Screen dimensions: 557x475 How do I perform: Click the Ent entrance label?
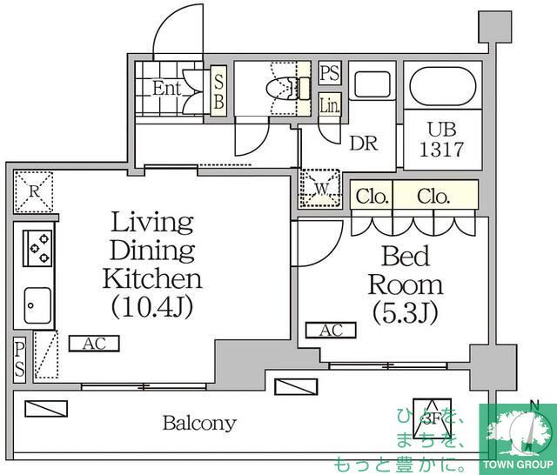click(x=166, y=89)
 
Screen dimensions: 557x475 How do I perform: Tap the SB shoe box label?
click(x=218, y=91)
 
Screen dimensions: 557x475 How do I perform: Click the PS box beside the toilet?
click(x=330, y=73)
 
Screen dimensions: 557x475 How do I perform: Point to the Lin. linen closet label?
click(x=330, y=106)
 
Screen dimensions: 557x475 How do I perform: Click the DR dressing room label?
click(x=364, y=144)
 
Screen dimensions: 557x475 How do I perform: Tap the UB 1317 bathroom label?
click(x=442, y=139)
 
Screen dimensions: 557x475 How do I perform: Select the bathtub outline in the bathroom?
click(x=443, y=86)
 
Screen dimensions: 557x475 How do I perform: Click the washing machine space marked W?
click(x=320, y=189)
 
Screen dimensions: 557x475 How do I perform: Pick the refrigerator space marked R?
click(x=34, y=191)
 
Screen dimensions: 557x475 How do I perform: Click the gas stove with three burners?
click(x=37, y=248)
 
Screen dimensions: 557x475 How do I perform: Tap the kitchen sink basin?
click(x=37, y=305)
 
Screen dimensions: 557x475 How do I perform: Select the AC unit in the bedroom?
click(x=331, y=331)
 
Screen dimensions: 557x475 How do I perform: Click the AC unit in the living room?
click(x=94, y=344)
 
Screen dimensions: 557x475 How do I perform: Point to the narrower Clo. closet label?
click(x=372, y=197)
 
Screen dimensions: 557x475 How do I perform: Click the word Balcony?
click(x=199, y=423)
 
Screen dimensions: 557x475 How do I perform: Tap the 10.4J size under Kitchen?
click(x=152, y=307)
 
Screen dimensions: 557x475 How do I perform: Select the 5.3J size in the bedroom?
click(x=406, y=313)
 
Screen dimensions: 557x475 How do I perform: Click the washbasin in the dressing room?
click(x=372, y=85)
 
